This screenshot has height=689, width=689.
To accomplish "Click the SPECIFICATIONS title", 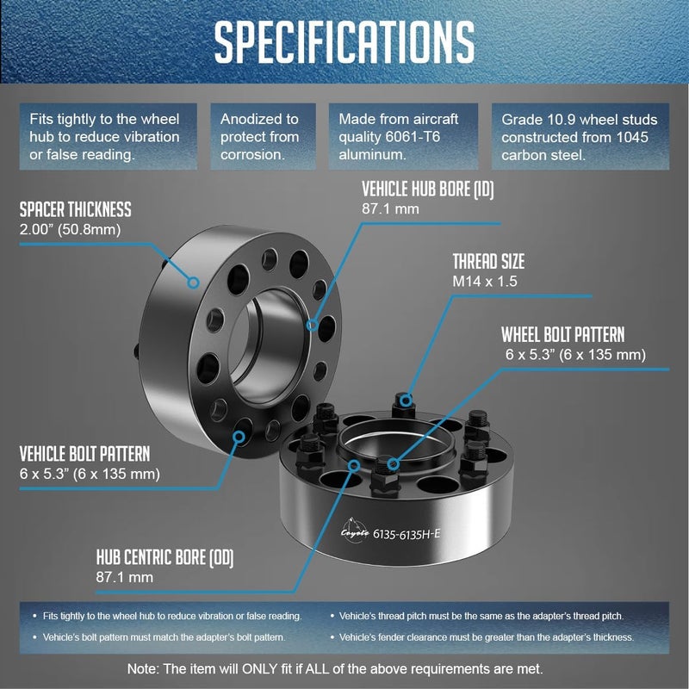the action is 344,42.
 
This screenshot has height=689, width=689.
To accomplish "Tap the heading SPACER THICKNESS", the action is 75,209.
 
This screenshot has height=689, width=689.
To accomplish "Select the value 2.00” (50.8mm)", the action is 70,229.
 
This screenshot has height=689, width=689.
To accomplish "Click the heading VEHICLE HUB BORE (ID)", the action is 427,189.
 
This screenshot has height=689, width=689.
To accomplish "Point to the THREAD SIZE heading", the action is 488,262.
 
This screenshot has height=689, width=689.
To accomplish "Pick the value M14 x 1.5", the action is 485,282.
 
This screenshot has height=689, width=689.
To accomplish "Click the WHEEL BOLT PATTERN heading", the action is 563,335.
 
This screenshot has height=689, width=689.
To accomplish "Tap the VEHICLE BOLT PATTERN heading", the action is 84,454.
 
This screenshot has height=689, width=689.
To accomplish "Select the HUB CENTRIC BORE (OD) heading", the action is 164,557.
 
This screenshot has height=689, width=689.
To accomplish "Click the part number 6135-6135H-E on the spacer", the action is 406,534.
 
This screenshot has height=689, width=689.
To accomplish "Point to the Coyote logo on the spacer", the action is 355,531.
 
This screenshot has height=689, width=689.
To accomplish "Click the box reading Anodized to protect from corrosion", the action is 263,137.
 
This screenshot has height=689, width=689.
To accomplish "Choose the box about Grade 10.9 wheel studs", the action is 580,137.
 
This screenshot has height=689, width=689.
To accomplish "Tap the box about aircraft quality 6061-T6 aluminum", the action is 403,137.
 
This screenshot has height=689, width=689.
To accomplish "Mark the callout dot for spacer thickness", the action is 193,282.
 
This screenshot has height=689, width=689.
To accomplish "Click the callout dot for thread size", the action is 406,400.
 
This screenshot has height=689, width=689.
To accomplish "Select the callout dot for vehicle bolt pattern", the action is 239,437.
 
